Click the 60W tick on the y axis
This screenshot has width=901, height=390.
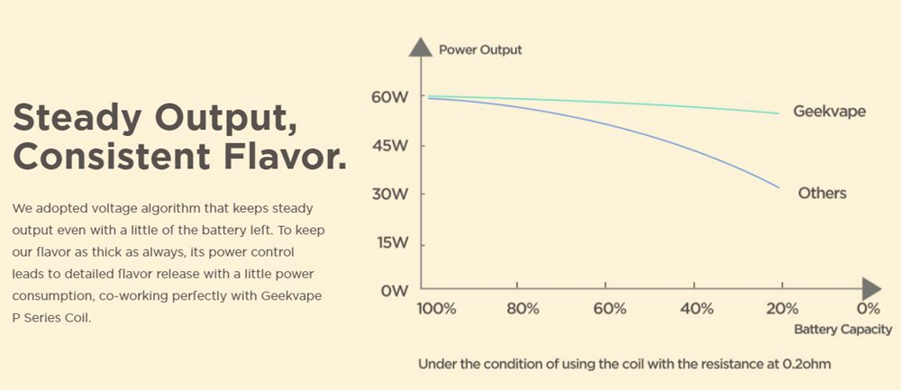click(x=388, y=96)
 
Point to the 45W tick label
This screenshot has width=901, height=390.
click(x=388, y=145)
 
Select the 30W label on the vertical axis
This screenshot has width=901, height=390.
click(x=388, y=194)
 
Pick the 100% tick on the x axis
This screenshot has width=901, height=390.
click(x=436, y=309)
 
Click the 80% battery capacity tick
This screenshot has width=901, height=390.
click(x=523, y=309)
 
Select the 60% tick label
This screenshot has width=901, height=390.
click(x=609, y=309)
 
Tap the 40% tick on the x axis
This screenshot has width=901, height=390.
click(x=696, y=309)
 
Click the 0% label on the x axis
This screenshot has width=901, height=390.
click(x=867, y=309)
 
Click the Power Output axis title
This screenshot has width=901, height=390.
click(x=480, y=50)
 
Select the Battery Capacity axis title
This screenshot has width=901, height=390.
click(x=843, y=330)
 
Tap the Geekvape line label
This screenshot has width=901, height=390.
click(x=829, y=112)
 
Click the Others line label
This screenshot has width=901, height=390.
click(x=822, y=193)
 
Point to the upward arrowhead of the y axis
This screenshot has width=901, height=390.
click(x=420, y=47)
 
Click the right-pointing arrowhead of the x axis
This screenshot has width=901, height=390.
click(x=870, y=288)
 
